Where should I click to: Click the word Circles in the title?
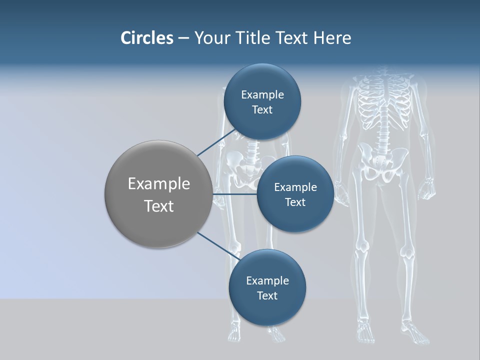(x=146, y=38)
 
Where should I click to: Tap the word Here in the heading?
(x=332, y=38)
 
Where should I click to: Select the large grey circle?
(x=158, y=194)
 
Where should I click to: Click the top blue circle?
(x=262, y=102)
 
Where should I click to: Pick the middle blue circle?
(x=295, y=194)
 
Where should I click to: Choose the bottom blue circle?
(x=267, y=287)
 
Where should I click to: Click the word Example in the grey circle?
(x=158, y=184)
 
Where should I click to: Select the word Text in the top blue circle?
(x=262, y=110)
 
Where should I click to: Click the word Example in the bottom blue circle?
(x=267, y=280)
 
